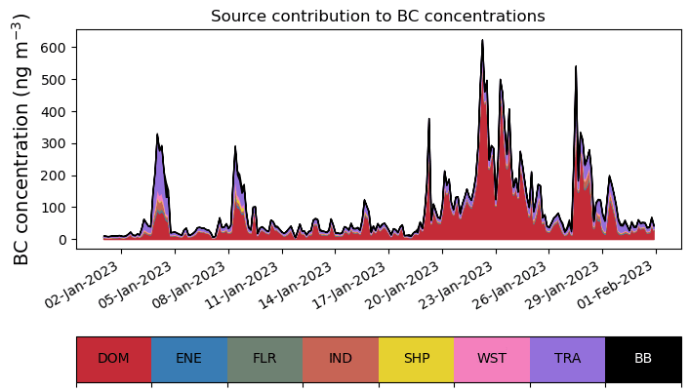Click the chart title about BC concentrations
point(378,16)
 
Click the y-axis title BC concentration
point(21,138)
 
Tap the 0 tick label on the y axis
point(61,240)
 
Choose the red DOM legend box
point(113,358)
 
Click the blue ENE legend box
point(189,358)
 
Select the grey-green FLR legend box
point(264,358)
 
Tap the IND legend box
point(341,358)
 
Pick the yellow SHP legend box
point(416,358)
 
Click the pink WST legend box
point(492,358)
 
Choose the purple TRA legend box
point(567,358)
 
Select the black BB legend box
point(643,358)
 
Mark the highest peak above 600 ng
point(482,42)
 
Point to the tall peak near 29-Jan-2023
point(576,67)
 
